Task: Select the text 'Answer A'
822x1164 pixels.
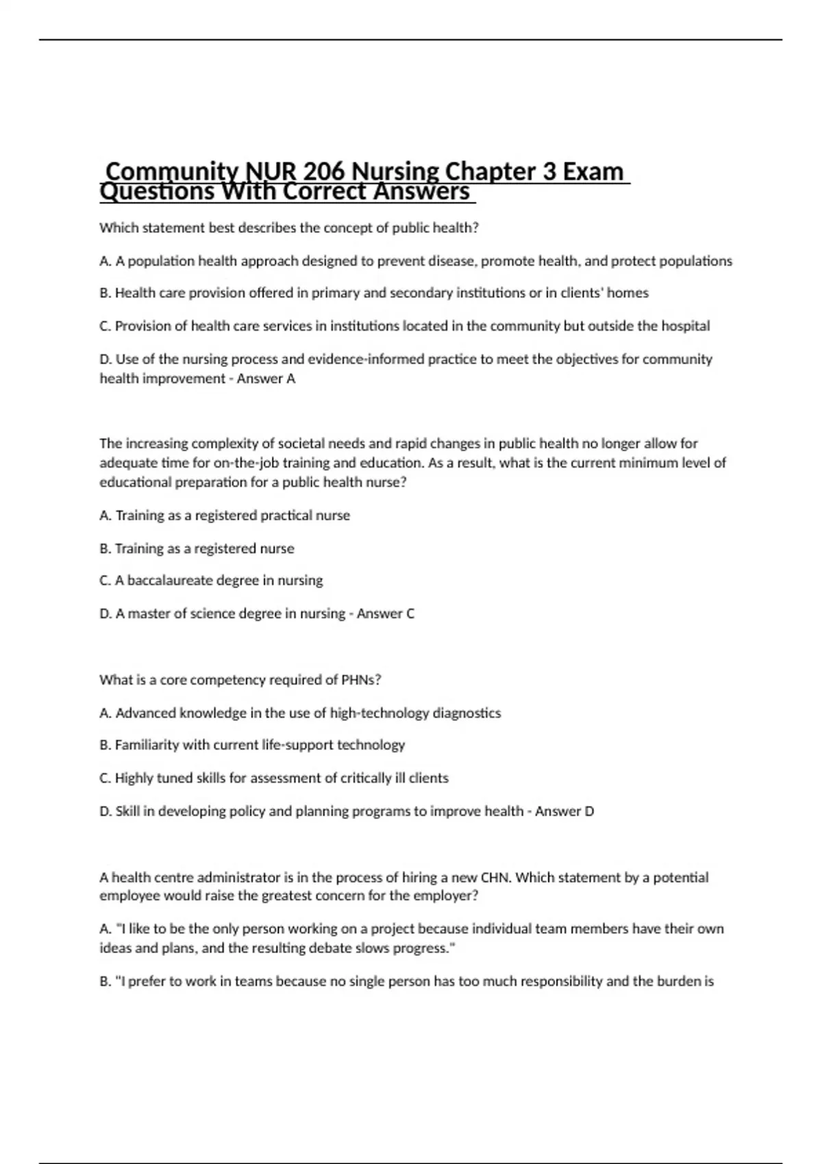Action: point(266,379)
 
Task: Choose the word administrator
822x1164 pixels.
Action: point(236,878)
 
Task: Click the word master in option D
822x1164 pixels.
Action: point(148,613)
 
